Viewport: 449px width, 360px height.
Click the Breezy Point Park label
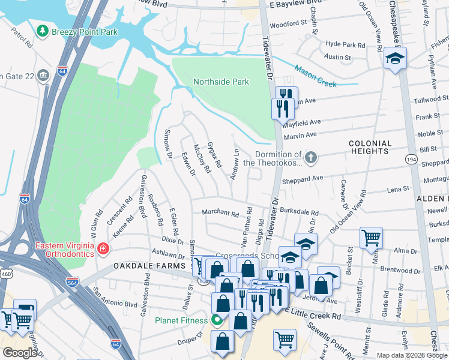(x=85, y=31)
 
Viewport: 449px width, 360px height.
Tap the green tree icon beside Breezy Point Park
(x=43, y=31)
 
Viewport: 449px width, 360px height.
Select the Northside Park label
(x=220, y=82)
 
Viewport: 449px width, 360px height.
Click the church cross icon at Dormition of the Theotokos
(x=310, y=158)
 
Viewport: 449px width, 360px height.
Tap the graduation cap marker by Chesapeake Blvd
(x=396, y=59)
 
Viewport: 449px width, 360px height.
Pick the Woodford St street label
(x=288, y=24)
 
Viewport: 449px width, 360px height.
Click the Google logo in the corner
(x=20, y=353)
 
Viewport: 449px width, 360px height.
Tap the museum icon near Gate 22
(x=43, y=75)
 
